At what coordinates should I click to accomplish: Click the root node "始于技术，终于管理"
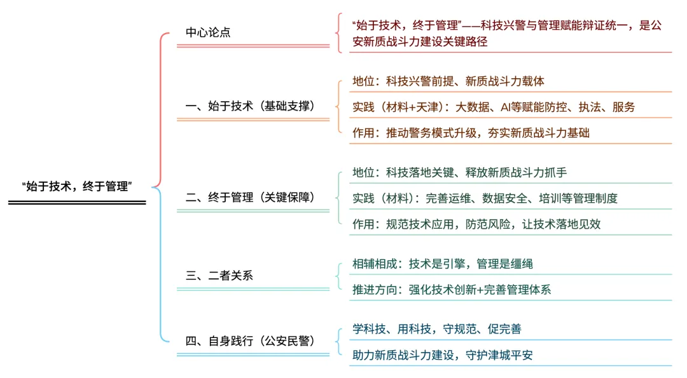(77, 186)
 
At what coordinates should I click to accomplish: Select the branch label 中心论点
(207, 32)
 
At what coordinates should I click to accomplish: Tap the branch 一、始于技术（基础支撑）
(250, 106)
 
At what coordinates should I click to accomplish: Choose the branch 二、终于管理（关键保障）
(250, 197)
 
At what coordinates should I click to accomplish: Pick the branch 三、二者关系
(219, 276)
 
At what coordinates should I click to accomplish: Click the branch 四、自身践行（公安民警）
(250, 341)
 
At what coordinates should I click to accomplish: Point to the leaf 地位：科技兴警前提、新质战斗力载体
(448, 81)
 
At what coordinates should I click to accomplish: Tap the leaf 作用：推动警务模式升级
(471, 133)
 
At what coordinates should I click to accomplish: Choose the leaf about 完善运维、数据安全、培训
(485, 198)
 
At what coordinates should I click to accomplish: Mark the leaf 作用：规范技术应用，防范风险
(476, 224)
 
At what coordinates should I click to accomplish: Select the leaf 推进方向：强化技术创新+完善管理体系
(452, 290)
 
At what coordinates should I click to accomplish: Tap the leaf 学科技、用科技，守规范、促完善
(437, 329)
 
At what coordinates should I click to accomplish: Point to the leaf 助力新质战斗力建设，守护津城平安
(443, 355)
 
